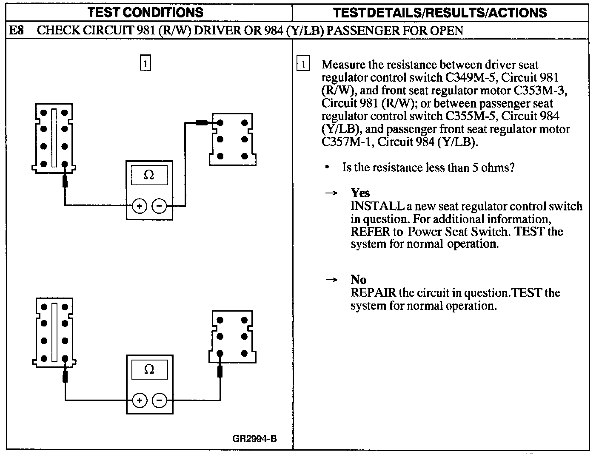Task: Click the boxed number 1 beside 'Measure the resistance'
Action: (303, 65)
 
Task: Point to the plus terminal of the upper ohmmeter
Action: (140, 206)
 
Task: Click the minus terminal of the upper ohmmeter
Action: (159, 206)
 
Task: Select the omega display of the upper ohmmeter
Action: (149, 175)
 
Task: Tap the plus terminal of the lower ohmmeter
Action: (140, 400)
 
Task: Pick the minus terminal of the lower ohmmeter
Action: (159, 400)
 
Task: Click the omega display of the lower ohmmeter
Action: (149, 369)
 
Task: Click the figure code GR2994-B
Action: (255, 438)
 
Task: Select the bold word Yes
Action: (360, 193)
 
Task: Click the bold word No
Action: (358, 279)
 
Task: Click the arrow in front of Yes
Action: (331, 193)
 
